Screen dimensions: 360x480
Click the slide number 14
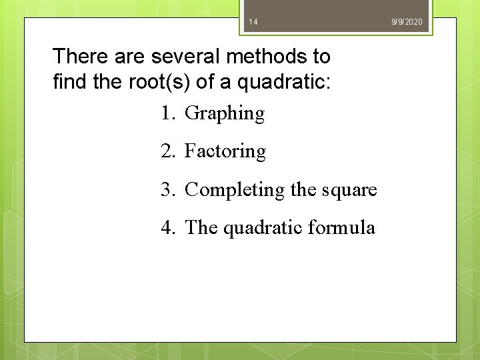click(253, 23)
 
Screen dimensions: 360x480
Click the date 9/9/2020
click(407, 23)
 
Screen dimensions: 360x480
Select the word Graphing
click(224, 114)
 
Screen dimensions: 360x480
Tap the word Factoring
click(225, 152)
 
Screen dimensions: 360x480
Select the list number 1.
click(167, 113)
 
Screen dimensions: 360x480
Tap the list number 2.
click(167, 151)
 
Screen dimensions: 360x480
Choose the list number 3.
click(167, 190)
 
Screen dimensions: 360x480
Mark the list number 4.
click(167, 228)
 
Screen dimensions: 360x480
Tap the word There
click(75, 56)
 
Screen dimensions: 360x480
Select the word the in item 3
click(303, 191)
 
